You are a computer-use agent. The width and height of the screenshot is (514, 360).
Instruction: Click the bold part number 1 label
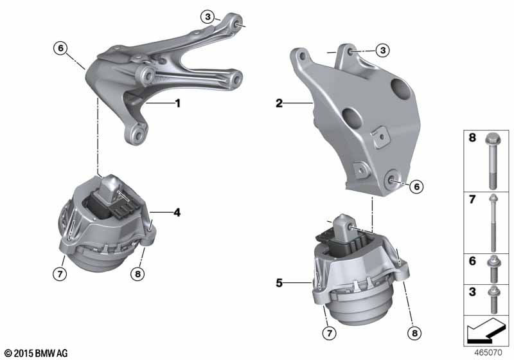[178, 104]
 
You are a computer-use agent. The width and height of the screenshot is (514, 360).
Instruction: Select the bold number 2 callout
[279, 104]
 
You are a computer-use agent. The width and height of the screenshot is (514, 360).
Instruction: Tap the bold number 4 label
[177, 212]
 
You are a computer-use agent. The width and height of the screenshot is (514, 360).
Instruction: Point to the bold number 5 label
[279, 283]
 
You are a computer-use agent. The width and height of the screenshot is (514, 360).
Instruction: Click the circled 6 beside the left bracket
[60, 48]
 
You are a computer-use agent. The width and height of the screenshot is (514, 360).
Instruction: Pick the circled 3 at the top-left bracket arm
[208, 17]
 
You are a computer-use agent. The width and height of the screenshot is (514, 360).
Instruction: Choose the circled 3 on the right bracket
[382, 51]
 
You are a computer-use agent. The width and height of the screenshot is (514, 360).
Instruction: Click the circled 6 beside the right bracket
[416, 186]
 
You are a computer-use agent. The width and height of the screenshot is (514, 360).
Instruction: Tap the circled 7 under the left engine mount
[60, 273]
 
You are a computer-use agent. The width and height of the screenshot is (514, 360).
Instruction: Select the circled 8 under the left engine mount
[137, 273]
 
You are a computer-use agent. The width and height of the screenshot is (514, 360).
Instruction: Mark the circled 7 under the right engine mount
[330, 333]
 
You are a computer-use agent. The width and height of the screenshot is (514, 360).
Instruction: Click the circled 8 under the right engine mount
[414, 333]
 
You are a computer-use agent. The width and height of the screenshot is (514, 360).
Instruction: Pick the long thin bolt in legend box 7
[493, 223]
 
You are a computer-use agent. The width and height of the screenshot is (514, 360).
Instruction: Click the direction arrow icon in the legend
[485, 331]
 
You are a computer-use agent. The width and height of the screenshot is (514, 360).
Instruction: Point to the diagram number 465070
[488, 353]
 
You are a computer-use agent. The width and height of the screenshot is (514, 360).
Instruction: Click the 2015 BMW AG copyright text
[36, 353]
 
